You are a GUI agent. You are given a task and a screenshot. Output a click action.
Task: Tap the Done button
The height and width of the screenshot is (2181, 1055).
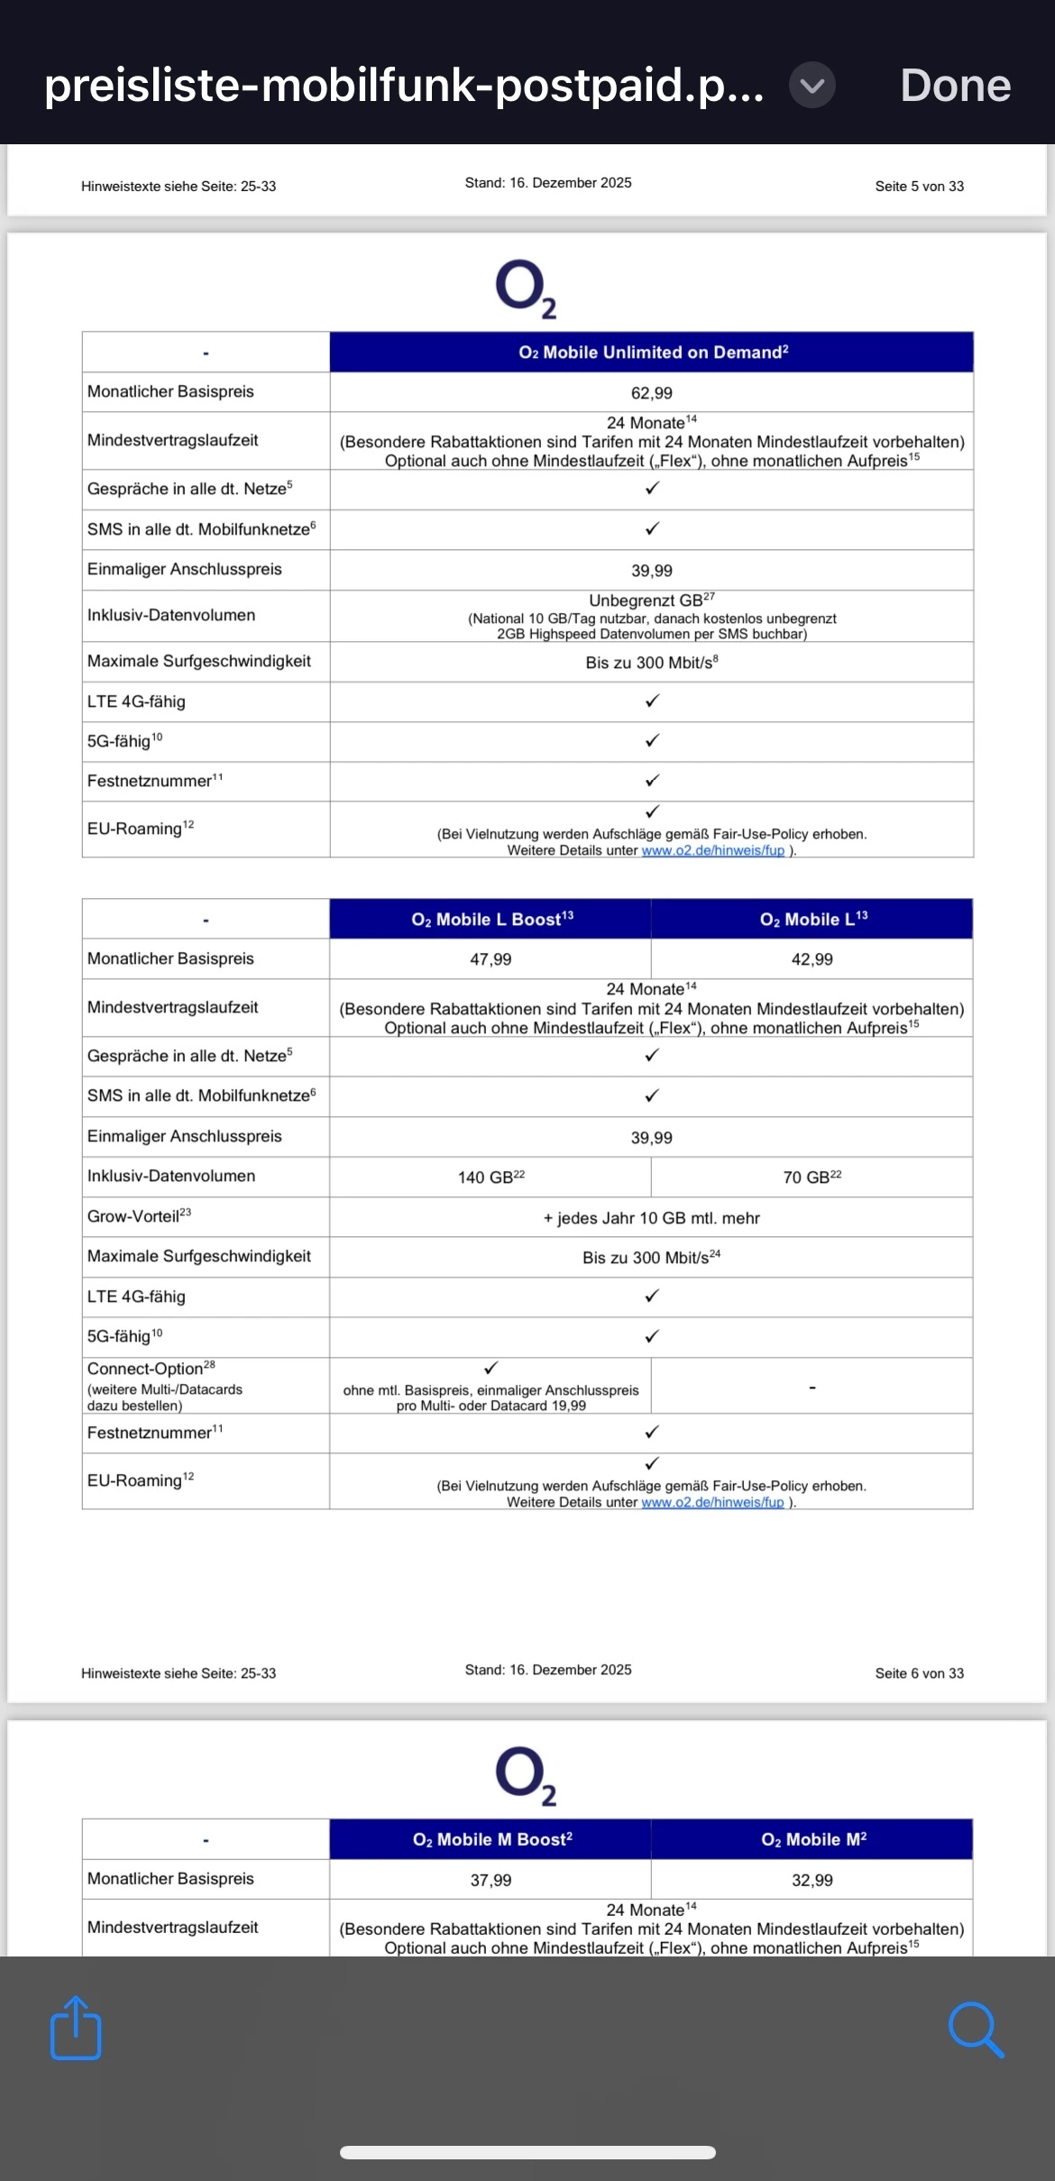coord(955,86)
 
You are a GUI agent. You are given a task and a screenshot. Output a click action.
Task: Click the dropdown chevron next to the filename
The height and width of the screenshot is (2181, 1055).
coord(812,86)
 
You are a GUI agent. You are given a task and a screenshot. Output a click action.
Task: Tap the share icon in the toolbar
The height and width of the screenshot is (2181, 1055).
coord(76,2028)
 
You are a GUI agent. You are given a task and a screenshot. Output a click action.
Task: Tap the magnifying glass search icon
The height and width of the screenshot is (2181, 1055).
coord(976,2030)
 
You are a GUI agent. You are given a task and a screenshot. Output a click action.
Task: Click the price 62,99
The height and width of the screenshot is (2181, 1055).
coord(651,393)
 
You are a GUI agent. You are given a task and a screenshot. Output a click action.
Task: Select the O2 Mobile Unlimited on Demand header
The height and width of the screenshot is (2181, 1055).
coord(652,353)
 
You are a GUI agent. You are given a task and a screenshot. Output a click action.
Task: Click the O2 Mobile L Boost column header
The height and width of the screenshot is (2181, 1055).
coord(491,920)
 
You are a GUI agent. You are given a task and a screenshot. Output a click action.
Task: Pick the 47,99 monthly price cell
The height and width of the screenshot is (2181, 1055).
coord(491,959)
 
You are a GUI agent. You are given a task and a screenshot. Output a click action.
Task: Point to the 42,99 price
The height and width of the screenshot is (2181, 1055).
coord(812,959)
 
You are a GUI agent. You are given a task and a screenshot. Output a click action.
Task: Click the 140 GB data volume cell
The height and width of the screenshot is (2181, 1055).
coord(491,1178)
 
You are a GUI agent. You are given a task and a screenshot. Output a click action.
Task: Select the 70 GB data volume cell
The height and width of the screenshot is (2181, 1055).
coord(812,1178)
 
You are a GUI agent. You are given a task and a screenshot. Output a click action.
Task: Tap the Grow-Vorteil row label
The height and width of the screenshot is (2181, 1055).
coord(139,1216)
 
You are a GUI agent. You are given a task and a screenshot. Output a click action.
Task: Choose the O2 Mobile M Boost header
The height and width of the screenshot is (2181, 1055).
coord(491,1839)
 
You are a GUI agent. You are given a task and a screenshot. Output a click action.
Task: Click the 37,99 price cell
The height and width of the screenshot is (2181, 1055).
coord(491,1880)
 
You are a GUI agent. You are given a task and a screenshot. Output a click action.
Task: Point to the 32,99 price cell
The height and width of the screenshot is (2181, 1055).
coord(812,1880)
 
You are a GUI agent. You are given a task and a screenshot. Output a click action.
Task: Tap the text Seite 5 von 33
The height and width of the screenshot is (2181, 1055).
coord(919,187)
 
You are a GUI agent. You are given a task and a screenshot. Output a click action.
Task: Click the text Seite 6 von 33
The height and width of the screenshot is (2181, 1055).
coord(919,1673)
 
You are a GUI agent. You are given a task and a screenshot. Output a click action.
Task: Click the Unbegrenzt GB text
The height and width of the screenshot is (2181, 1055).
coord(651,600)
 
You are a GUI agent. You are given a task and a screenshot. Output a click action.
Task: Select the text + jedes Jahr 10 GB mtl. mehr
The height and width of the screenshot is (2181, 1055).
coord(651,1218)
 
